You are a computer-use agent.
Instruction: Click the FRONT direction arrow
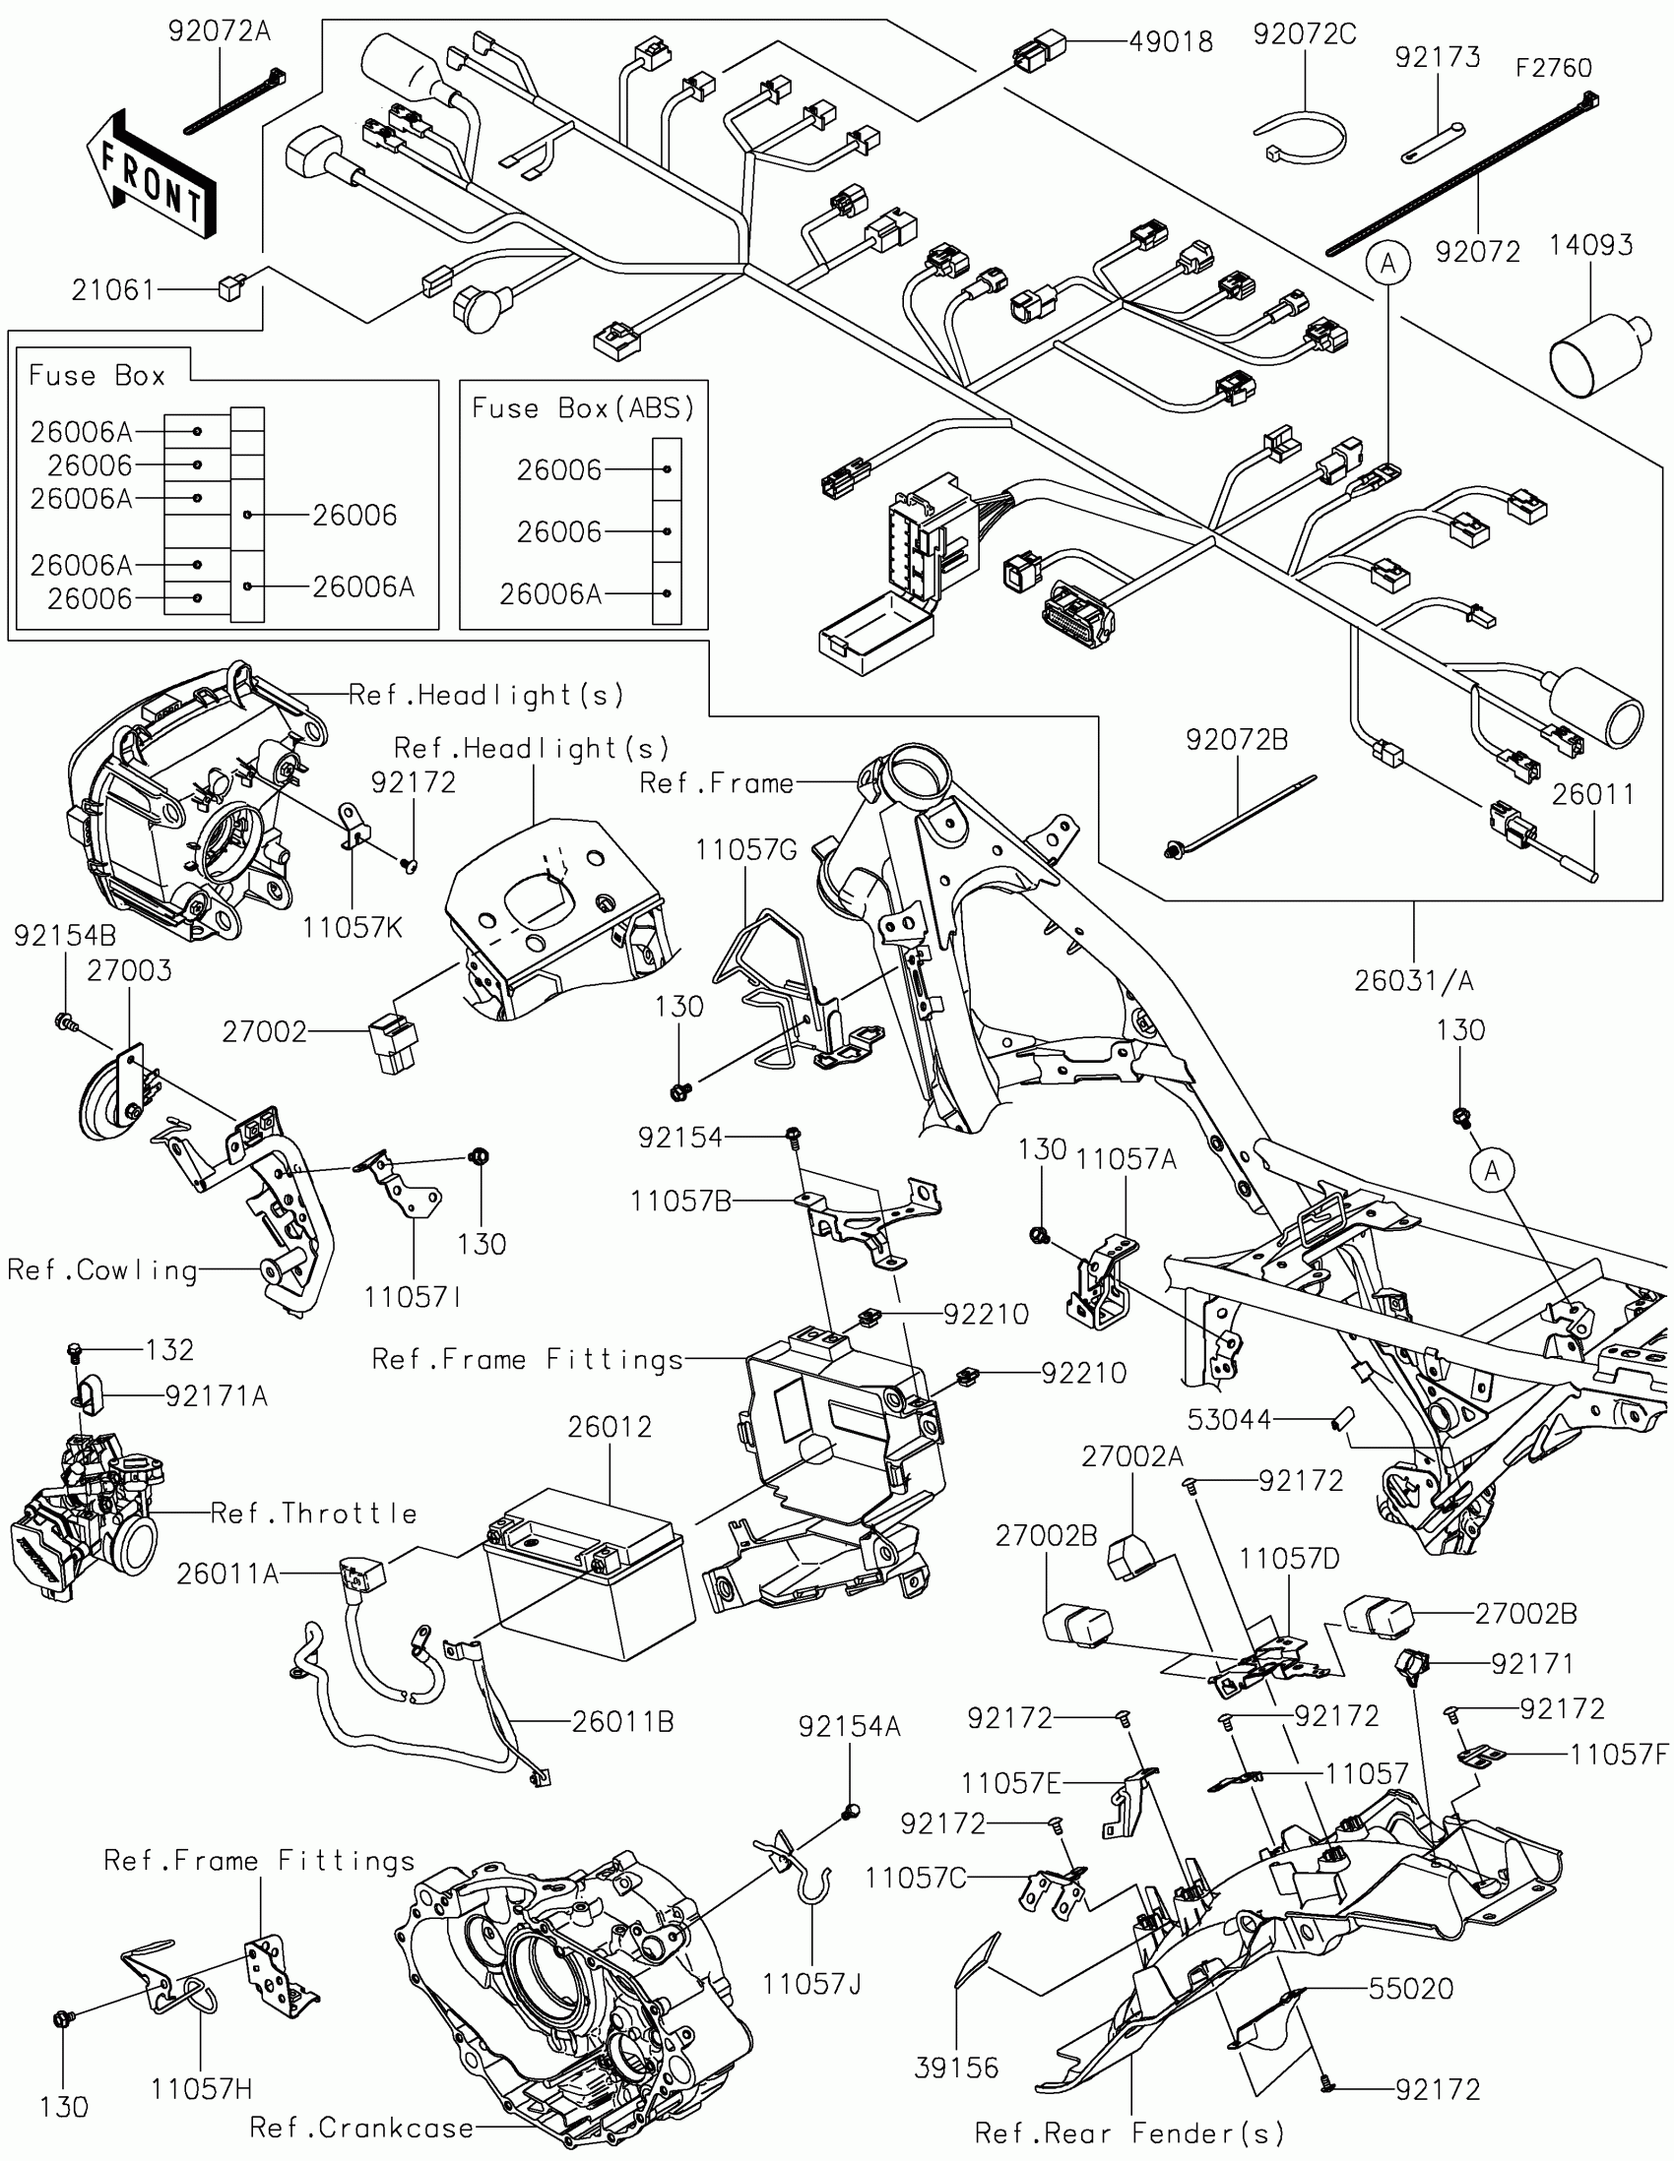(x=151, y=174)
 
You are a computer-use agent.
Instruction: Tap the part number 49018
(x=1171, y=41)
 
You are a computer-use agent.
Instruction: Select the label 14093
(x=1591, y=245)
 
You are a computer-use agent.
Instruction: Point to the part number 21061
(x=113, y=290)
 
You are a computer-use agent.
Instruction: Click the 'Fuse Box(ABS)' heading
(x=583, y=407)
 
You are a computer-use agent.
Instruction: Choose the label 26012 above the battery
(x=610, y=1427)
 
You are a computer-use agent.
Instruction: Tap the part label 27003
(x=129, y=970)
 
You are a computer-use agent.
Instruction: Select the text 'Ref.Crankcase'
(x=361, y=2128)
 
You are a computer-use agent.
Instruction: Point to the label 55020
(x=1411, y=1988)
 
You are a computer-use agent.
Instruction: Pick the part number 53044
(x=1230, y=1420)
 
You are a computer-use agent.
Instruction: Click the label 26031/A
(x=1414, y=980)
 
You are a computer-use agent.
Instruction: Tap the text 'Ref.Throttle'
(x=314, y=1513)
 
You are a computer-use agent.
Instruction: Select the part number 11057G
(x=745, y=850)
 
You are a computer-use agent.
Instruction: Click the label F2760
(x=1554, y=68)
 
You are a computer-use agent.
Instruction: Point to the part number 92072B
(x=1238, y=740)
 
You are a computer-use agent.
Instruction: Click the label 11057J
(x=811, y=1984)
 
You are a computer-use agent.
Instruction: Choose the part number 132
(x=169, y=1349)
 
